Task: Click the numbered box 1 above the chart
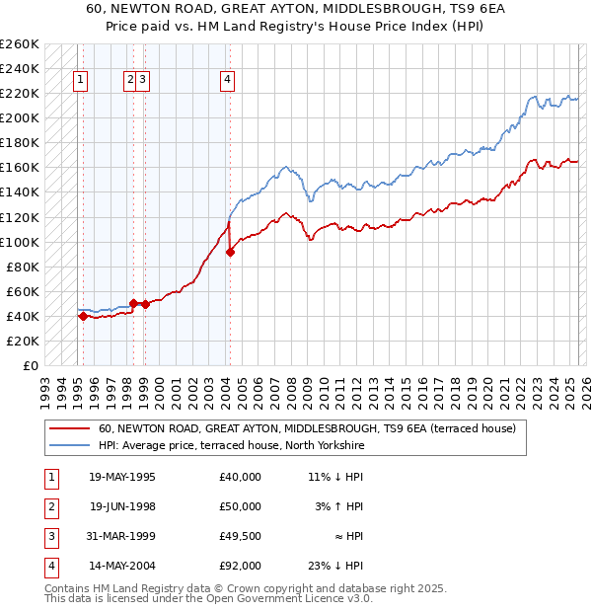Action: point(80,81)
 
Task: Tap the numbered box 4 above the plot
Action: point(227,81)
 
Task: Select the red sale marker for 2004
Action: point(230,252)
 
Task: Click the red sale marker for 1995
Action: point(83,316)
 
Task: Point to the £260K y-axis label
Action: point(20,44)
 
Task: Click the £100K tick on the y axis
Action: point(20,242)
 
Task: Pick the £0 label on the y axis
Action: point(32,365)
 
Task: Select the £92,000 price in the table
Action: point(241,566)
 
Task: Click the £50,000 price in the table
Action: point(241,506)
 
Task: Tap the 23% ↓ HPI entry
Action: point(334,566)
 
